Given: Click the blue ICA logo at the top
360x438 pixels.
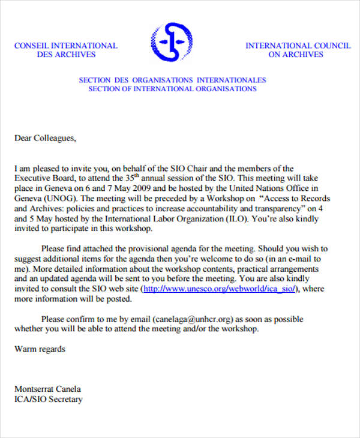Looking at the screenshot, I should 172,43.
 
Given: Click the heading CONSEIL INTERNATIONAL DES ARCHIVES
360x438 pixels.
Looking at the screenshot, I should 66,50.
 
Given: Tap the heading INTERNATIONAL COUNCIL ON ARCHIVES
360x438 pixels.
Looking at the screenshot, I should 296,50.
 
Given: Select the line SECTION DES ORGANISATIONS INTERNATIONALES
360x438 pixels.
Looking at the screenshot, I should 172,80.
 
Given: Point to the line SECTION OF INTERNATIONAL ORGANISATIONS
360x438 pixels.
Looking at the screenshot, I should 172,89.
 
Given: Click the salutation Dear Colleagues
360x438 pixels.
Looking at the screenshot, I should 46,138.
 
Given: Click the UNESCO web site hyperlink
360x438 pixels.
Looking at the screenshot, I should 220,289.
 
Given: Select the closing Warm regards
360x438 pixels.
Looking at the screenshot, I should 40,349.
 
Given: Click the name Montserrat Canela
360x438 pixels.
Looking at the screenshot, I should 47,388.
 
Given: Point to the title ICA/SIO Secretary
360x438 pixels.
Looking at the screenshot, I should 49,399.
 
